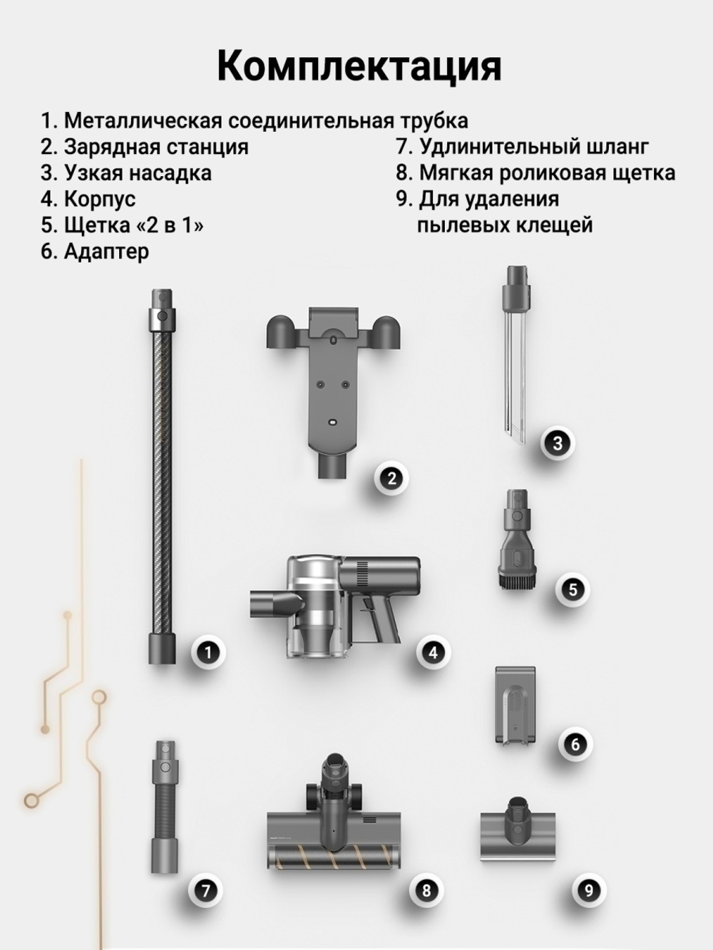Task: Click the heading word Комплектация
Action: coord(359,66)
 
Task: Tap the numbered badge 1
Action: coord(208,651)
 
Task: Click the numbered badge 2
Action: coord(391,478)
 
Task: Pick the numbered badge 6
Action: coord(575,744)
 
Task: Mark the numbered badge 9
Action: coord(588,889)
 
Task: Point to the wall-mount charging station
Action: coord(332,378)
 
